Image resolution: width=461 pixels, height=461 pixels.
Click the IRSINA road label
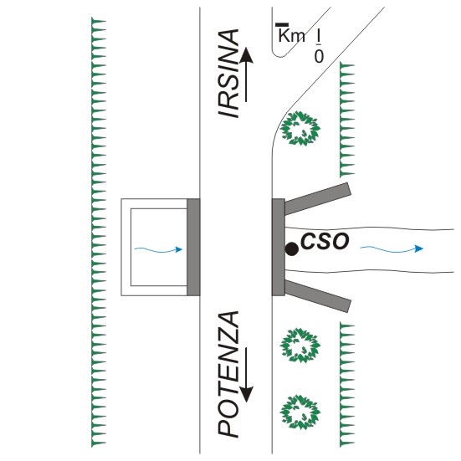[228, 74]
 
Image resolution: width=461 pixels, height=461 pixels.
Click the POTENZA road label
[228, 374]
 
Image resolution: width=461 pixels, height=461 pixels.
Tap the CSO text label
[325, 242]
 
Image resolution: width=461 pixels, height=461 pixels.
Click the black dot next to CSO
[292, 249]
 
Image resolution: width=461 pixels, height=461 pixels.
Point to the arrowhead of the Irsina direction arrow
[246, 55]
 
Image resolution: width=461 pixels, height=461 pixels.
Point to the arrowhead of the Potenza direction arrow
[246, 394]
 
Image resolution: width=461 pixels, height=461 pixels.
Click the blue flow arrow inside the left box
[158, 250]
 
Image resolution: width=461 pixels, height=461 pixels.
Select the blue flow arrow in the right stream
[392, 249]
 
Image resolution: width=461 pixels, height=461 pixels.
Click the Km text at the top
[291, 35]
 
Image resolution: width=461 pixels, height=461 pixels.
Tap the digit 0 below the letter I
[319, 56]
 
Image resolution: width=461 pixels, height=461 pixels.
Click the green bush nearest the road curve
[300, 128]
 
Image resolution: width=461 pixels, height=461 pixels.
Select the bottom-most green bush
[300, 412]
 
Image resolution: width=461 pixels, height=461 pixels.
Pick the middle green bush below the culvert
[300, 346]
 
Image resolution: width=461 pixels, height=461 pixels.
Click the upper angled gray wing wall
[318, 199]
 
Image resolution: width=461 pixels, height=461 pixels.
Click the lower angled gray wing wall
[318, 296]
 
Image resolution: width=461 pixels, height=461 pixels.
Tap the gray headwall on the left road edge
[193, 247]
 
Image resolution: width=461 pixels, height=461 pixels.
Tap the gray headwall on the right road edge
[279, 247]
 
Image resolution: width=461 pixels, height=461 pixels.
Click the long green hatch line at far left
[99, 233]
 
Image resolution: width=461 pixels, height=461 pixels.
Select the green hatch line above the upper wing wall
[347, 120]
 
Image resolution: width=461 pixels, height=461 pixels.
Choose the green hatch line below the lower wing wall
[347, 385]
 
